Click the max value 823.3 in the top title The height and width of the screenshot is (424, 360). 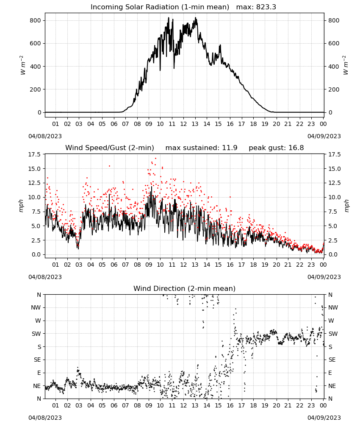266,7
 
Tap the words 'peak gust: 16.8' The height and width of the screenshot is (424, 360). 276,148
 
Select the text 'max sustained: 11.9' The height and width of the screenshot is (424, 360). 201,148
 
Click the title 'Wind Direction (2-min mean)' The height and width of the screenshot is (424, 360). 185,288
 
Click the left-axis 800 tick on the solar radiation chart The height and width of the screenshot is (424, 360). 36,20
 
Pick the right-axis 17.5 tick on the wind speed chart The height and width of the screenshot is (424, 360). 334,154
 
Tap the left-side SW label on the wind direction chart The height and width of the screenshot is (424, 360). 36,334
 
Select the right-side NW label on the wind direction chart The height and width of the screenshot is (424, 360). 333,307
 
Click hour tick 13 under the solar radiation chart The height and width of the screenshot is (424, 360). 195,124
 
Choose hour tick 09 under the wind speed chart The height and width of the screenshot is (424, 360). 149,265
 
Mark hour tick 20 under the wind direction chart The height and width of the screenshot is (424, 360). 276,405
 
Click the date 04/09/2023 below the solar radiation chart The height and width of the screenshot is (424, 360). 324,136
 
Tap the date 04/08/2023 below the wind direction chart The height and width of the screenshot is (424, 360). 45,418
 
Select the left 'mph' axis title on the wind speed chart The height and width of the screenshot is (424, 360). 21,206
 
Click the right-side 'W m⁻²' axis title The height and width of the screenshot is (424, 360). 346,65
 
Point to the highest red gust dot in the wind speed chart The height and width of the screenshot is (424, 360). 155,158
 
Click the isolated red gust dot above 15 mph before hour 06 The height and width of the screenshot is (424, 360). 109,166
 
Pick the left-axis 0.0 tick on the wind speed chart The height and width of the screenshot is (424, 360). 36,254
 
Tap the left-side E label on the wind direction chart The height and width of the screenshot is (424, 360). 39,373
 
